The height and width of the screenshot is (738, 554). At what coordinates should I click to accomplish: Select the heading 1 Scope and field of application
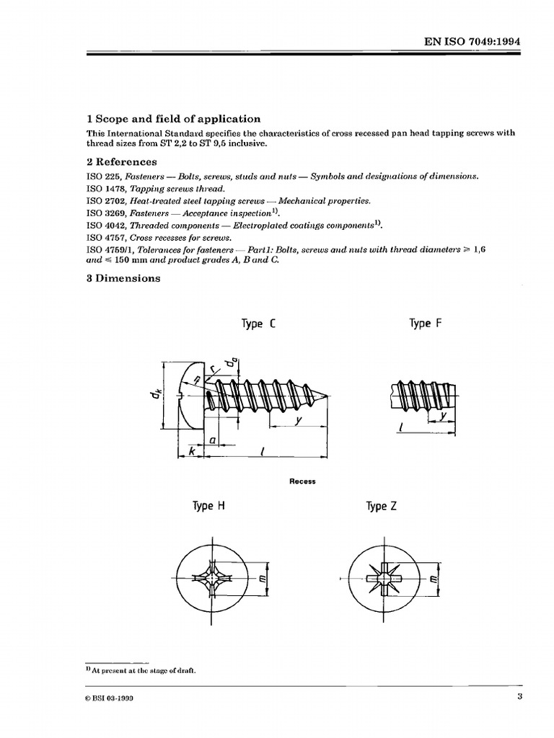(173, 119)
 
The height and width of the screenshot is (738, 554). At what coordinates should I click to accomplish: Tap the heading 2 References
(121, 162)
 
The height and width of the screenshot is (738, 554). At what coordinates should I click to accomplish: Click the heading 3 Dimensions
(123, 278)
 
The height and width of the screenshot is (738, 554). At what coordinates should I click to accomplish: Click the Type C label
(258, 324)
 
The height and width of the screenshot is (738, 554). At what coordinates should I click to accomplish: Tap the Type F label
(425, 324)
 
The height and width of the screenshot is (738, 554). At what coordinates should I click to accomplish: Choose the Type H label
(208, 507)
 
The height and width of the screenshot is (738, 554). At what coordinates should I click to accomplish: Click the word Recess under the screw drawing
(302, 481)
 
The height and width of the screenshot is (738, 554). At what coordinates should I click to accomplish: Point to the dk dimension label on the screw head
(154, 394)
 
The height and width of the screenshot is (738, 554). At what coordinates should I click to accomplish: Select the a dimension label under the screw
(214, 439)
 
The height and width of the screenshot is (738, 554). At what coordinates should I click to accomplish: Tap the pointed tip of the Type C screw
(332, 395)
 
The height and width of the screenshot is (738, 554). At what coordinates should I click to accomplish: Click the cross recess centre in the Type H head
(214, 578)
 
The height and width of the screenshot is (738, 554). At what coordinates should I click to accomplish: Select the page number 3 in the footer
(519, 697)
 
